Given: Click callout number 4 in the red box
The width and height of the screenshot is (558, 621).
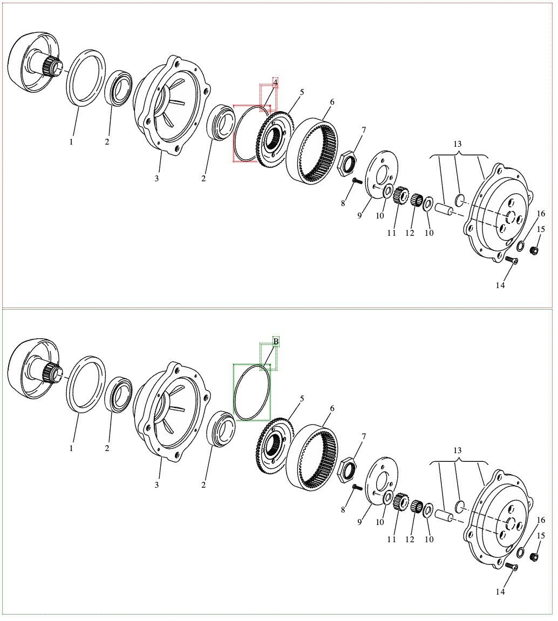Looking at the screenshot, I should [x=275, y=83].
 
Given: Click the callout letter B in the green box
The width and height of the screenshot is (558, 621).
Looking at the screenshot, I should [x=276, y=342].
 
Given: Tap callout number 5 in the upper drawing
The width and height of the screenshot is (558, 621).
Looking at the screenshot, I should [x=302, y=92].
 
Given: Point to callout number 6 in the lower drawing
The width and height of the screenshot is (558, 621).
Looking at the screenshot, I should [x=332, y=408].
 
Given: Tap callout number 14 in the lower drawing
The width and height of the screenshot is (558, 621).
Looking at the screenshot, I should [x=500, y=592].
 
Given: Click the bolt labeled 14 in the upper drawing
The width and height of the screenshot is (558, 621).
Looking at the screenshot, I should [x=513, y=261].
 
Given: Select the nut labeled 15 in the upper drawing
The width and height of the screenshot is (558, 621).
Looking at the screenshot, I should [x=534, y=250].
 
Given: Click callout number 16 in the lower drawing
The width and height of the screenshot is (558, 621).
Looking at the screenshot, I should [x=541, y=520].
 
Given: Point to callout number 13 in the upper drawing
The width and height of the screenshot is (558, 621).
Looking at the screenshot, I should [x=458, y=144].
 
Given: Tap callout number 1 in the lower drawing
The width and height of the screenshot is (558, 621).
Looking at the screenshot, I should [x=71, y=448].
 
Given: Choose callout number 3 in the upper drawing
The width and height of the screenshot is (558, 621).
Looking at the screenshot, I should [x=156, y=179].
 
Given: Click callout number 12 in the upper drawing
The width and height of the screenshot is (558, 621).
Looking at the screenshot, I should [x=410, y=233].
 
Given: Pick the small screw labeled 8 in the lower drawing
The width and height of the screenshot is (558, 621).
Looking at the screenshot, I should [x=356, y=488].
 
